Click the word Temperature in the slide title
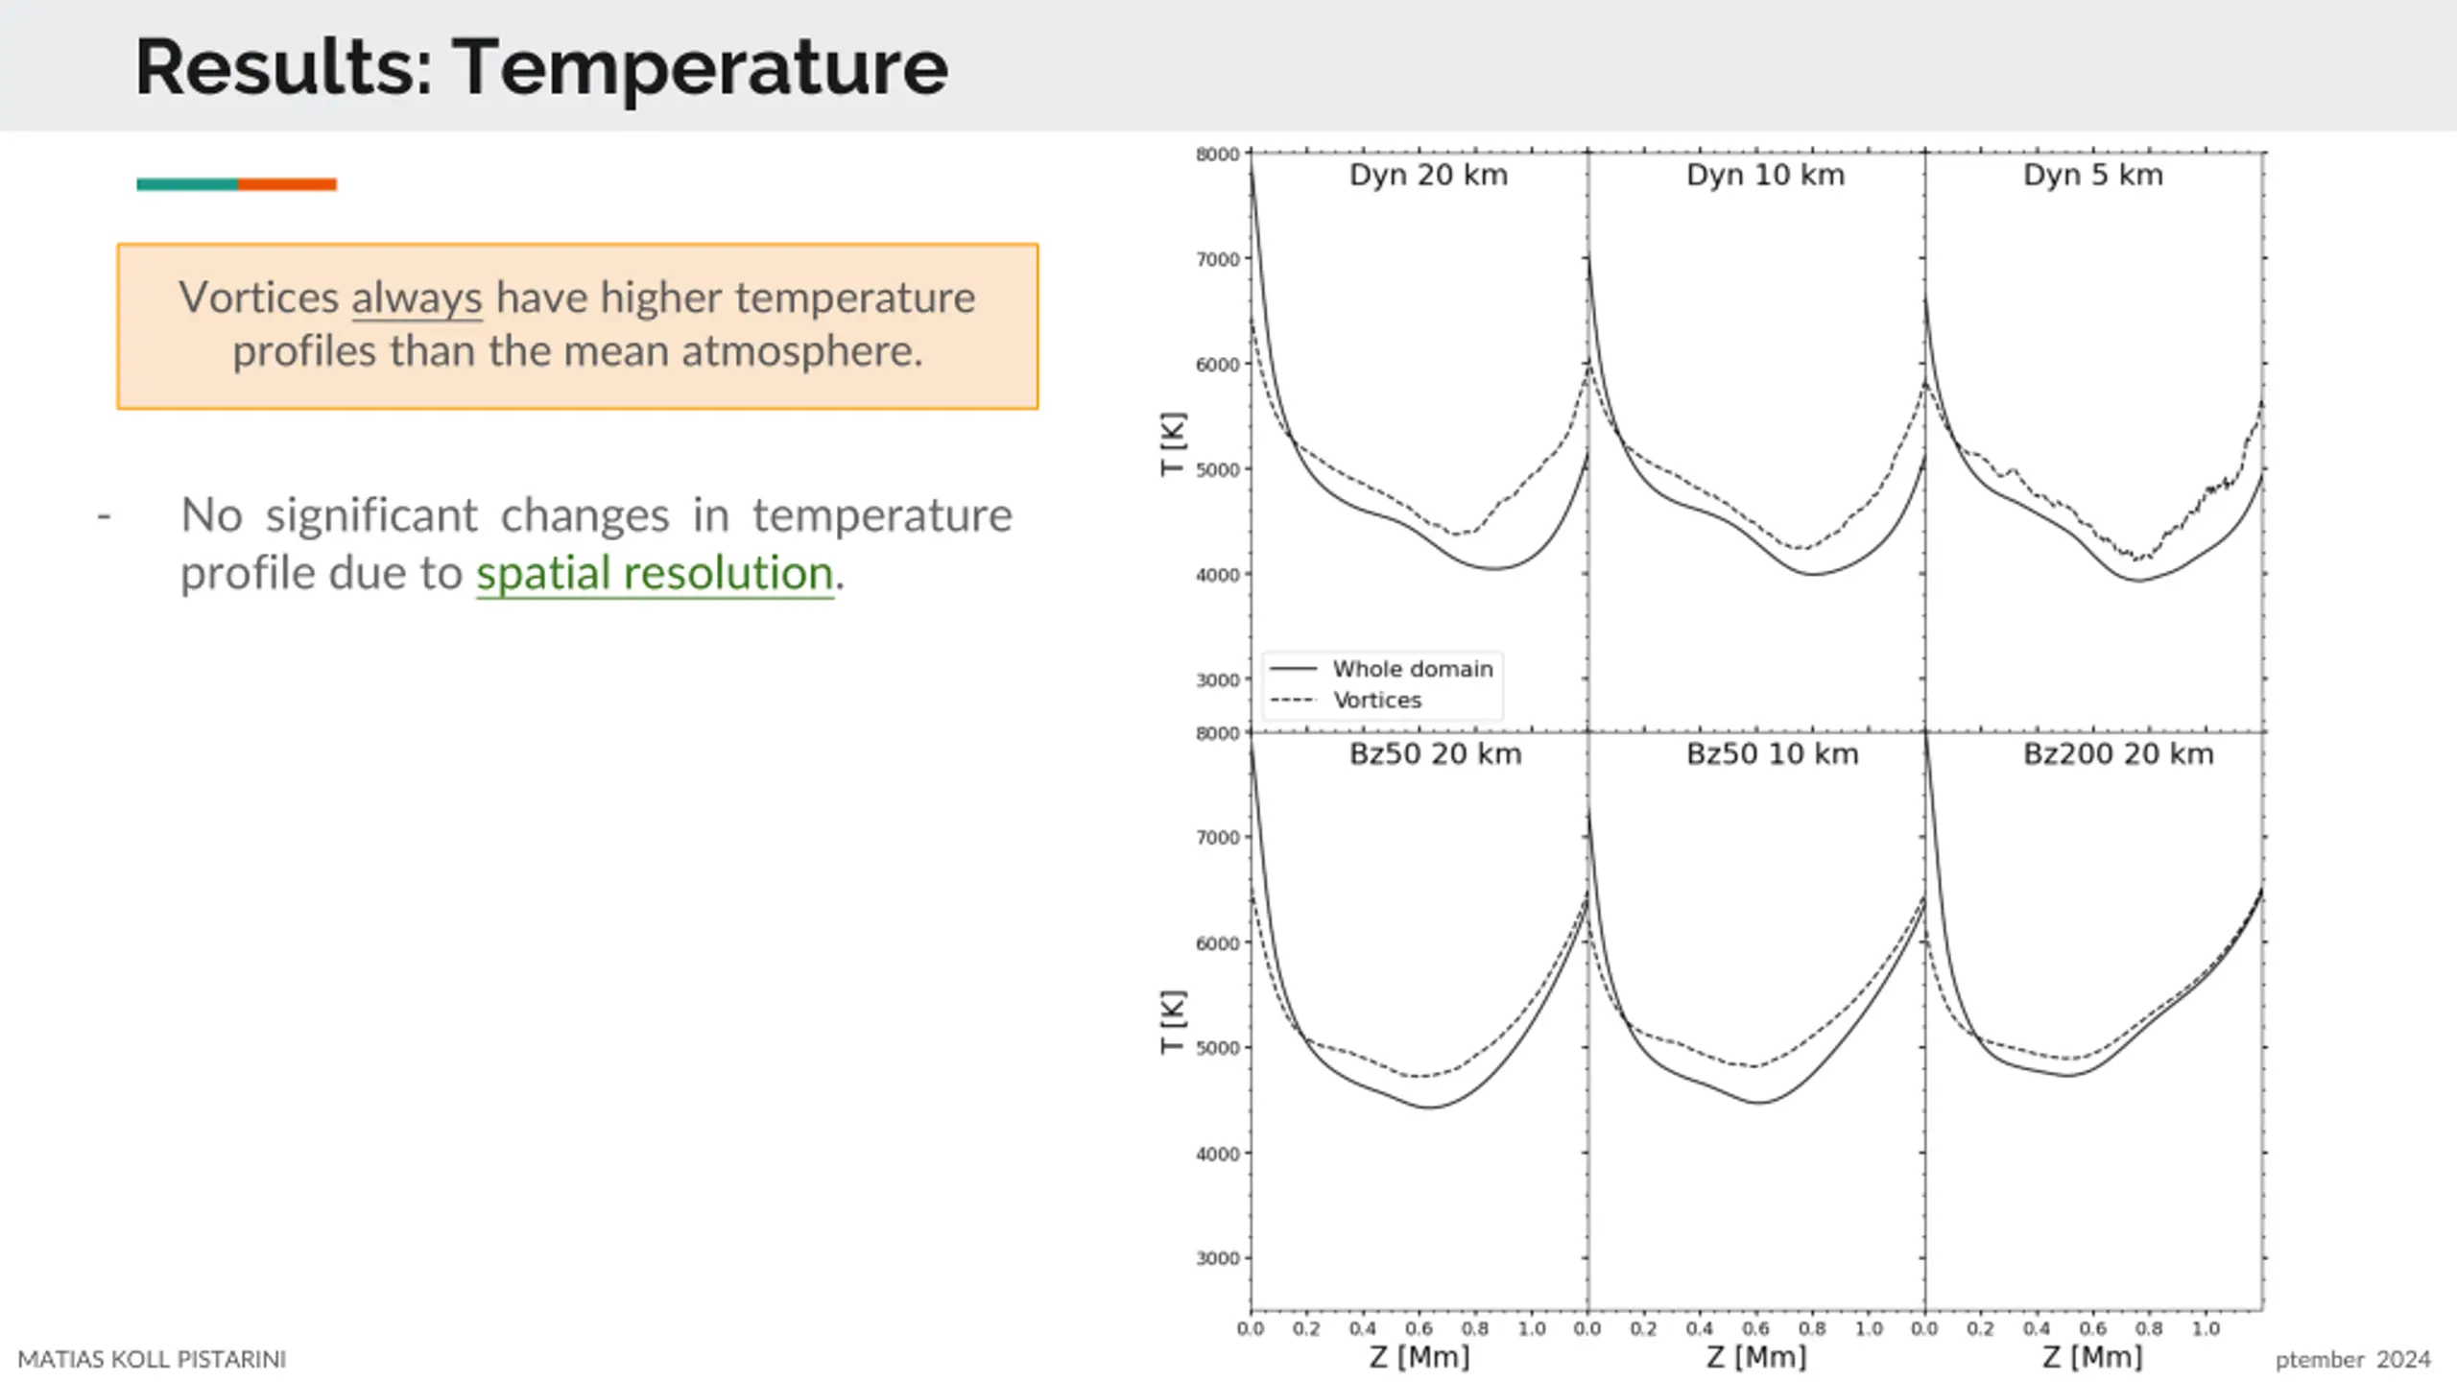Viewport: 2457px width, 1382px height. point(700,67)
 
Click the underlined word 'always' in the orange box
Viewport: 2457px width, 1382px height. point(417,298)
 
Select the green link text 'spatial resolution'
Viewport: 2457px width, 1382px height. point(655,573)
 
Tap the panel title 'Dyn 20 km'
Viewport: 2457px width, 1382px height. point(1428,175)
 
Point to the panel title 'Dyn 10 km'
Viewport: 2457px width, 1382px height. point(1765,175)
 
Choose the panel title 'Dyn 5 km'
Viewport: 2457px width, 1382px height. point(2092,175)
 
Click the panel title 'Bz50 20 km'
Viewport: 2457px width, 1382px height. point(1435,754)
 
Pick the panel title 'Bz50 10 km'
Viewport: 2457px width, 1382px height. point(1772,754)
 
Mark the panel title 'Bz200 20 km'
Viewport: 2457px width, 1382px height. point(2118,754)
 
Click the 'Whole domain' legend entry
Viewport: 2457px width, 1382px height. point(1412,669)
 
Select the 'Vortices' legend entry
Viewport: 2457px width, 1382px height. point(1376,700)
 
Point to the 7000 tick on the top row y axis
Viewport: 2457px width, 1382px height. point(1217,259)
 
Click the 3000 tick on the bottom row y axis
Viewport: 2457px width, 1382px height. point(1217,1258)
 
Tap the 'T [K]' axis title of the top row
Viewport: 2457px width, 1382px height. point(1173,443)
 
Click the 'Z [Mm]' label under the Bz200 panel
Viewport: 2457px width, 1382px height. point(2092,1357)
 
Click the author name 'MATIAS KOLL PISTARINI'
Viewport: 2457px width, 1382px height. point(152,1359)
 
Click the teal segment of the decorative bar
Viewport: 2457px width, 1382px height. point(187,184)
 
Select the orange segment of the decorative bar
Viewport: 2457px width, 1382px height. point(287,184)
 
